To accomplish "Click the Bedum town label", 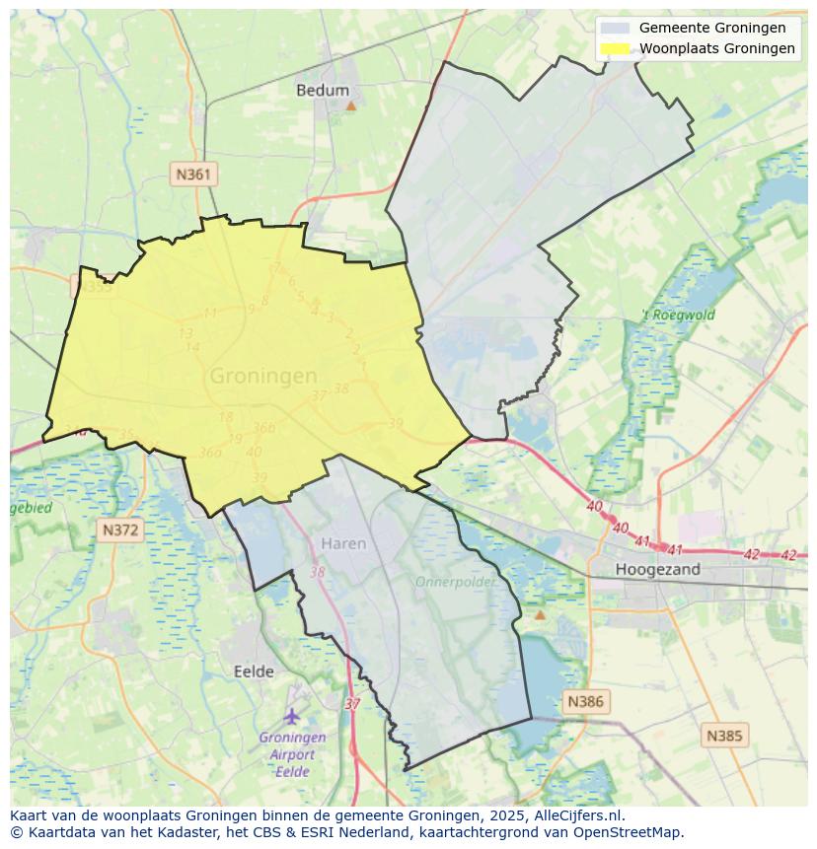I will [323, 90].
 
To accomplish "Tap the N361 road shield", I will [192, 175].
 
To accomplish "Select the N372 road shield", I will [121, 530].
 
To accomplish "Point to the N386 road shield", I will [585, 702].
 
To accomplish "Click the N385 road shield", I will [725, 735].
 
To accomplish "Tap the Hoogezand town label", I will [657, 569].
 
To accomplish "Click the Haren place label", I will [343, 543].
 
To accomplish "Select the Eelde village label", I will [254, 672].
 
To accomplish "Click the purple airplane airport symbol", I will [291, 715].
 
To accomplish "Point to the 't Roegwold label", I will [678, 316].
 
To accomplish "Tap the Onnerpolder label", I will [455, 582].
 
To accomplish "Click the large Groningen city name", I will [263, 376].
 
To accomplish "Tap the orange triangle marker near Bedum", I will [350, 104].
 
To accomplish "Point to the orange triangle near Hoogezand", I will [540, 614].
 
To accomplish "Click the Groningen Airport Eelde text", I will [292, 754].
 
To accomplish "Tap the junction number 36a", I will [209, 453].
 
